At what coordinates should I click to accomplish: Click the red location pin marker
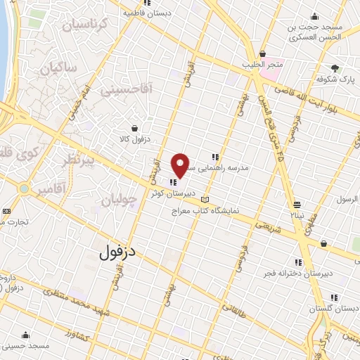point(181,165)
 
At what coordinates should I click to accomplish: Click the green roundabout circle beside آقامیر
point(25,189)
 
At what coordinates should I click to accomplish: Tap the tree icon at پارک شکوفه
point(335,69)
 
